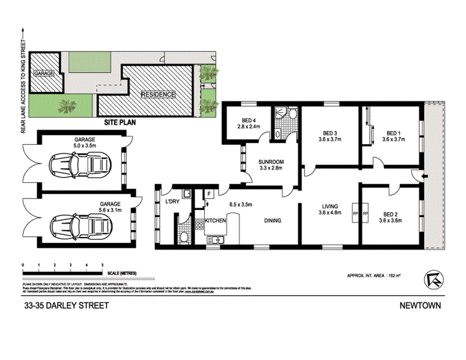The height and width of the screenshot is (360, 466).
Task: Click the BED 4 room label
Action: (246, 119)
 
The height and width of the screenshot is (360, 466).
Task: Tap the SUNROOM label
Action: (271, 162)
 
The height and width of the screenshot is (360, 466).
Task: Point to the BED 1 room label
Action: (393, 133)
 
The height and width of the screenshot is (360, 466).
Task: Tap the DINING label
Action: (273, 221)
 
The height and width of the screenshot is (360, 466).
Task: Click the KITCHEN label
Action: (216, 221)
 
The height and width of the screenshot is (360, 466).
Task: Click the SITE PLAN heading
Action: (120, 122)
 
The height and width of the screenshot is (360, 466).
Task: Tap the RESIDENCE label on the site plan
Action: (158, 95)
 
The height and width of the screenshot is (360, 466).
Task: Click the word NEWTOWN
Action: (420, 306)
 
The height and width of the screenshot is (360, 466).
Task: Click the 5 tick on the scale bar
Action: (103, 265)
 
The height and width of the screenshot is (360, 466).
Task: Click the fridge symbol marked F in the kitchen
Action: (208, 194)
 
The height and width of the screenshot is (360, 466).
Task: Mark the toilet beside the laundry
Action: (183, 237)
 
